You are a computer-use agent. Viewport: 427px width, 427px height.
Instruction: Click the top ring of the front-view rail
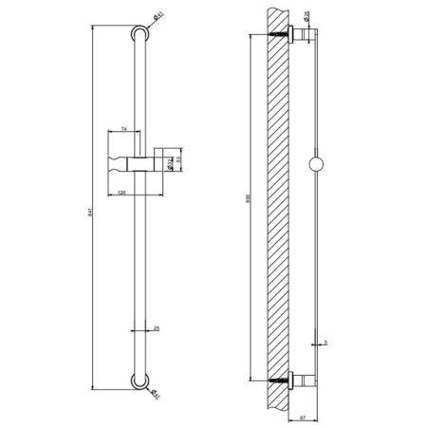(141, 36)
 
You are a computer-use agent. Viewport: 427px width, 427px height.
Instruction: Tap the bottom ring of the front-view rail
(141, 382)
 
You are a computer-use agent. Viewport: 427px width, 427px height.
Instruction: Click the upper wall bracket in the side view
(303, 37)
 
